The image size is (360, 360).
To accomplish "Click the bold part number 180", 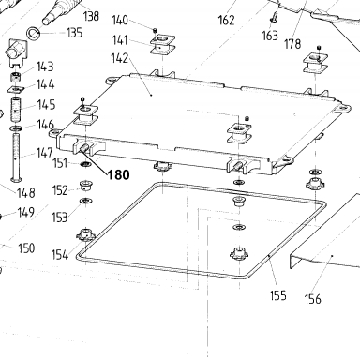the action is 118,175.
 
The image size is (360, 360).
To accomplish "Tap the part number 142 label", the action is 120,58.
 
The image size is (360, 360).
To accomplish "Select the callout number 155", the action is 277,295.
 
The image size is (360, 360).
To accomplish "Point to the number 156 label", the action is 313,299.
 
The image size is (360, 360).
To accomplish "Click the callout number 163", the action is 270,36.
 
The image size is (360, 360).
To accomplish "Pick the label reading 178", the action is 292,44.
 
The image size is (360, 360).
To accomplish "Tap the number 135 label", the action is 74,33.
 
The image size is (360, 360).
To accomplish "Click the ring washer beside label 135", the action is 33,33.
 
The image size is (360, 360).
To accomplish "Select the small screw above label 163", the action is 274,17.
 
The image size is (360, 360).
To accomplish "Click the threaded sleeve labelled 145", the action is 16,110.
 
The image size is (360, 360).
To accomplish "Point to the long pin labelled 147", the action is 16,157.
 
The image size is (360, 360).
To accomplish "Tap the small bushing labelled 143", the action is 16,77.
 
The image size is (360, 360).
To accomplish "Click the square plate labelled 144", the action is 16,90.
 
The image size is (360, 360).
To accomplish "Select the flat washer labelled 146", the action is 16,128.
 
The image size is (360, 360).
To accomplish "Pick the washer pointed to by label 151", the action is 85,164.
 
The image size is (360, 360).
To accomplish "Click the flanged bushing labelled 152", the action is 85,185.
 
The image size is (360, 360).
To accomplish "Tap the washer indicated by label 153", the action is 85,201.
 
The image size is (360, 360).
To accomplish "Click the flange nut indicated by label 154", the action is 85,234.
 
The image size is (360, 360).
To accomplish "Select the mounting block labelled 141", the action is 163,44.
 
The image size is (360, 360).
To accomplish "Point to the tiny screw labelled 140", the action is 155,30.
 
